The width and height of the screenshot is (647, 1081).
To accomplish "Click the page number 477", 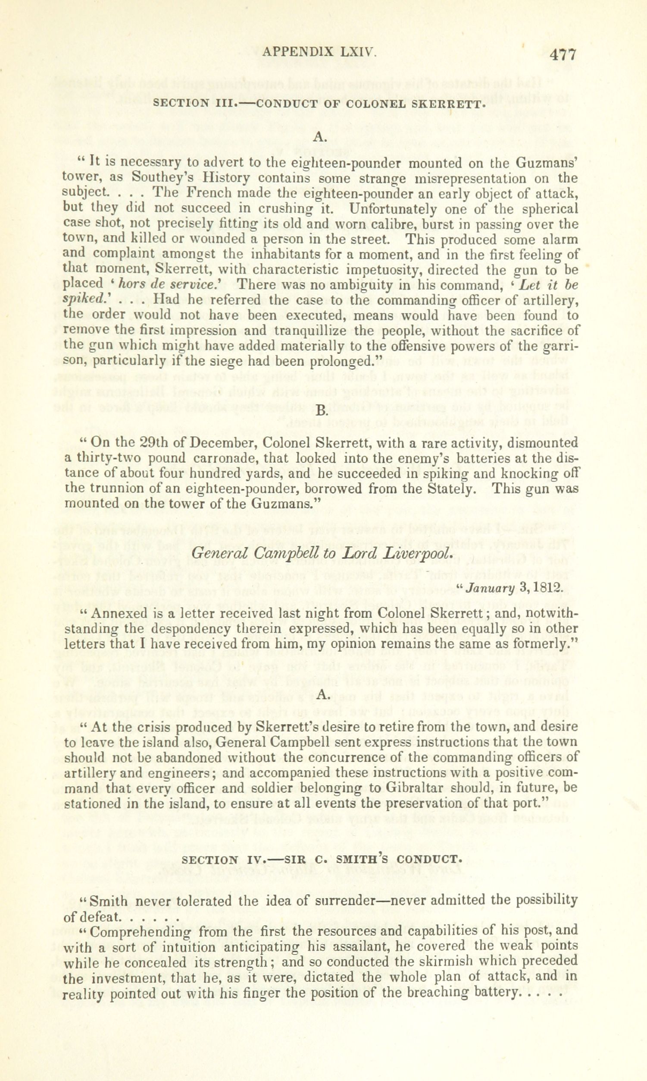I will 563,55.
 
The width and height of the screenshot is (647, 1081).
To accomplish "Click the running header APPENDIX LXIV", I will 319,53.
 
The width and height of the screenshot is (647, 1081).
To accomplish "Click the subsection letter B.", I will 321,410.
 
